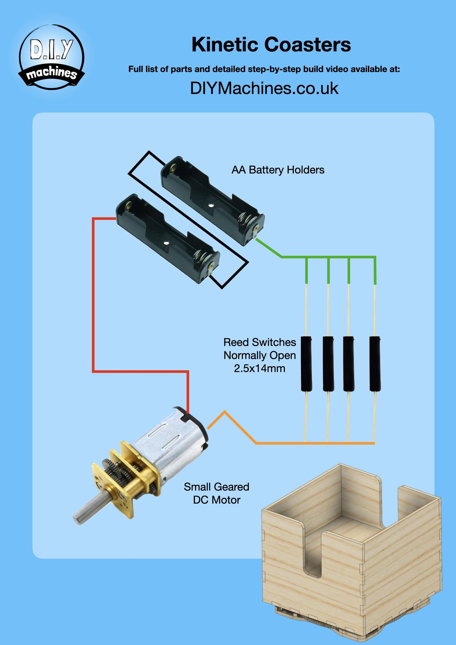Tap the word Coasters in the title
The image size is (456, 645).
[308, 45]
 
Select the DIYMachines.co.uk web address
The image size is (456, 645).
[264, 88]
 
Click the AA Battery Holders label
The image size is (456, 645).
[278, 170]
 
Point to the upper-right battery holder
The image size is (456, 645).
[213, 201]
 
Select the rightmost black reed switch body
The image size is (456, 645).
[375, 364]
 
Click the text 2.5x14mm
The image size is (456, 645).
[260, 368]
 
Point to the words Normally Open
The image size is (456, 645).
[260, 355]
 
